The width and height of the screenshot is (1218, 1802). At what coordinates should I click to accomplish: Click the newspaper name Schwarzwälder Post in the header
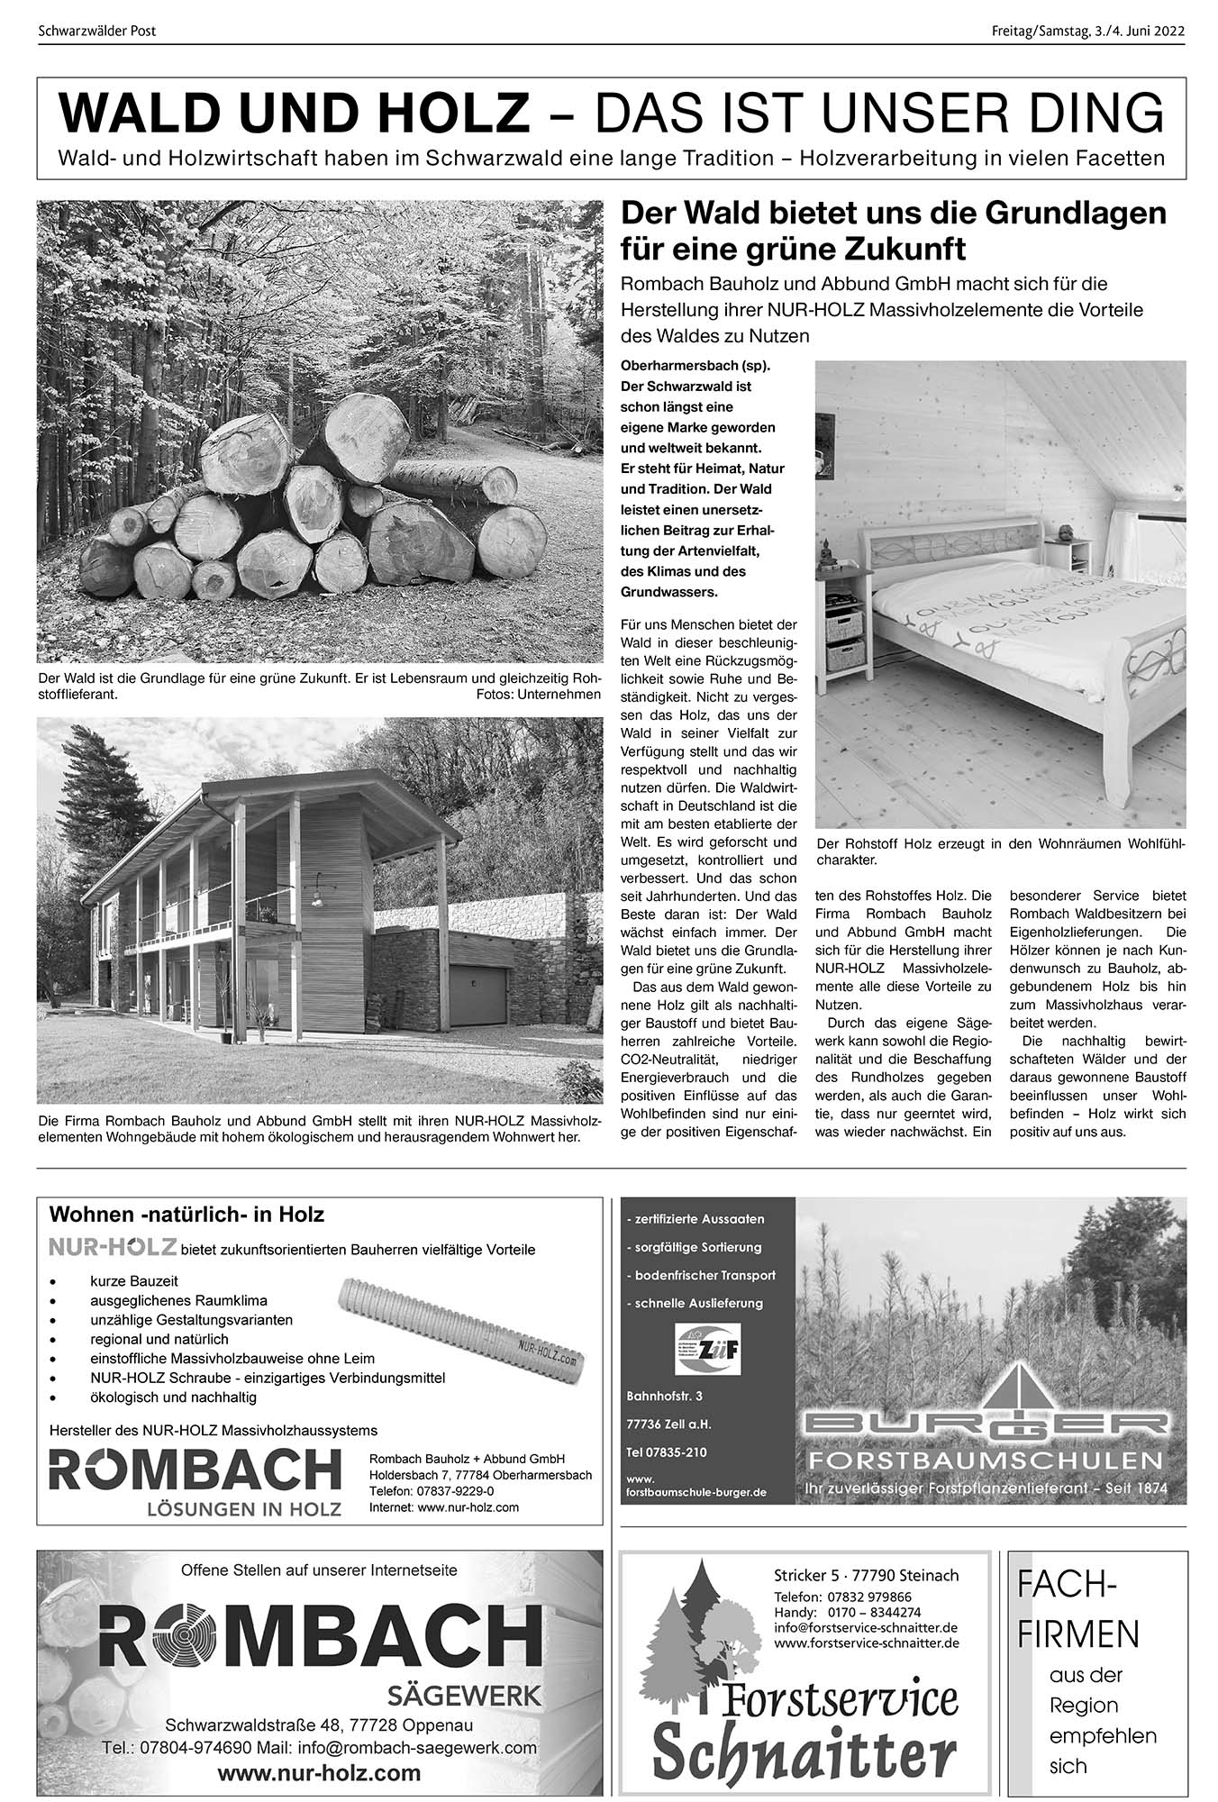point(97,31)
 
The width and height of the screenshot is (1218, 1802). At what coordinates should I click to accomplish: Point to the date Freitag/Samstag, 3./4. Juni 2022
point(1087,31)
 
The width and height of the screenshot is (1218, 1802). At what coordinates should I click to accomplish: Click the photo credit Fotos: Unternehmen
point(538,695)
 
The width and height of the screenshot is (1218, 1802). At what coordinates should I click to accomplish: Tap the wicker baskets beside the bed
point(843,642)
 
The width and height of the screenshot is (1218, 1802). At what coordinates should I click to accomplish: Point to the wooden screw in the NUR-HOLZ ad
point(461,1324)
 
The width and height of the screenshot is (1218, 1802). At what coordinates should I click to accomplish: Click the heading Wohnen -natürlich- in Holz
point(186,1215)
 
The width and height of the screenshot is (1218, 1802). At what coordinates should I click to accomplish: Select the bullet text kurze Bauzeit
point(134,1280)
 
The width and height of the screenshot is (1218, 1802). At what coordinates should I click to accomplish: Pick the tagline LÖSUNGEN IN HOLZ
point(245,1509)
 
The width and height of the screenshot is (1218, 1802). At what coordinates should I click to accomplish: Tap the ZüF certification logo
point(707,1348)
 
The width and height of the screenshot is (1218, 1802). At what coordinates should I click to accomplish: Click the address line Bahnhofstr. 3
point(664,1396)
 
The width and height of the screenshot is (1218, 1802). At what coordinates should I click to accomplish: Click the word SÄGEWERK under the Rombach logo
point(464,1697)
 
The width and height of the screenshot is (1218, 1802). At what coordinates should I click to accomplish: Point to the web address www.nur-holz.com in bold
point(320,1773)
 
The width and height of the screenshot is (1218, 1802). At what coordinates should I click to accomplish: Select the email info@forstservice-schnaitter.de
point(865,1628)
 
